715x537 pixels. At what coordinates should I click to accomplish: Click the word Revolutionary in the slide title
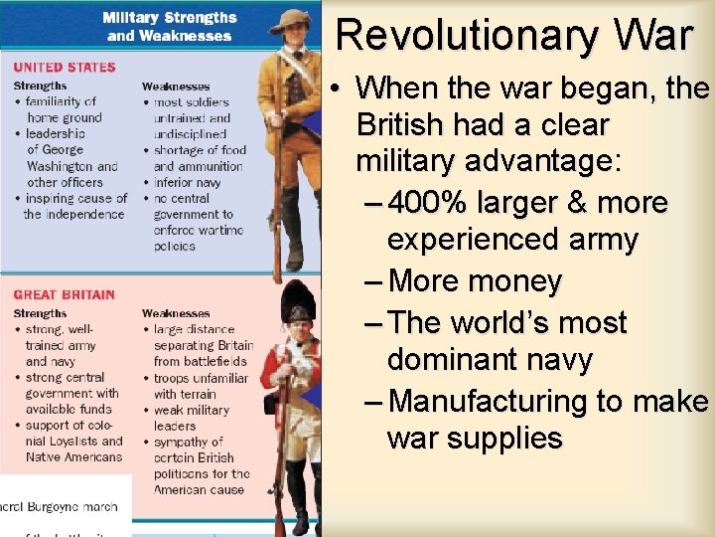click(466, 35)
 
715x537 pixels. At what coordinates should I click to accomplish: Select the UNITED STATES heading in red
click(65, 68)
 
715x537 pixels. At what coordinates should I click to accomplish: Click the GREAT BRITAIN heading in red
click(65, 295)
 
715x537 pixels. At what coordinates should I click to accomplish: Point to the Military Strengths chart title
click(171, 19)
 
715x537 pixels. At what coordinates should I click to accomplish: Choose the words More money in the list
click(476, 281)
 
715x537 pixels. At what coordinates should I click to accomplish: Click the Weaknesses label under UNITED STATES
click(176, 87)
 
